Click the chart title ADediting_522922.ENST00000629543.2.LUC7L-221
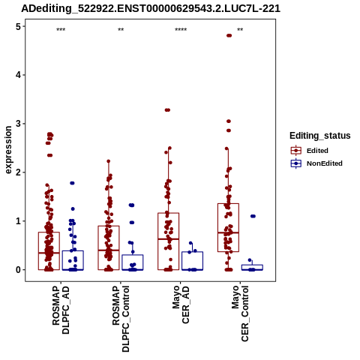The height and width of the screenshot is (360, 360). (x=151, y=9)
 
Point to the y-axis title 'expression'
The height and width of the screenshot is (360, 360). (x=8, y=150)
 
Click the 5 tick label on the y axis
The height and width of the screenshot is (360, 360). (x=19, y=26)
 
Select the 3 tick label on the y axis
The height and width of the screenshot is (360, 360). (x=19, y=124)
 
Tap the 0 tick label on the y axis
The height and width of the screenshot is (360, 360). (x=19, y=270)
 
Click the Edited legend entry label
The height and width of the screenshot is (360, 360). (x=317, y=151)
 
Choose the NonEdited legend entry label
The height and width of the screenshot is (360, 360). (x=325, y=163)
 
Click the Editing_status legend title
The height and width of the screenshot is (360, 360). (x=320, y=136)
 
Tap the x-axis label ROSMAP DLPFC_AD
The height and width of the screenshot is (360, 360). (x=61, y=310)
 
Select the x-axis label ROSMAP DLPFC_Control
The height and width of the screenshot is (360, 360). (x=121, y=319)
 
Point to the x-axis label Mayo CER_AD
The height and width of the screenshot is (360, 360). (x=181, y=304)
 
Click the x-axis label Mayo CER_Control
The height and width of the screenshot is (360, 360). (x=240, y=313)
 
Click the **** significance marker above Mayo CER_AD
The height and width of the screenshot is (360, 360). (x=181, y=30)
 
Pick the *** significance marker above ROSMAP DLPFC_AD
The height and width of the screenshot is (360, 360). (x=61, y=30)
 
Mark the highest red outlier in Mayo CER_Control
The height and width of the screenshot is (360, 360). (x=229, y=35)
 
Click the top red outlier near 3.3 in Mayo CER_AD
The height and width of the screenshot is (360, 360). (x=167, y=110)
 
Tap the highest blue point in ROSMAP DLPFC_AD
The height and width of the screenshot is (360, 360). (x=72, y=183)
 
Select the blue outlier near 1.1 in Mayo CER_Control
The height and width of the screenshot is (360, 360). (x=253, y=216)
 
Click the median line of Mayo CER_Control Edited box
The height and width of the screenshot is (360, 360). (x=228, y=232)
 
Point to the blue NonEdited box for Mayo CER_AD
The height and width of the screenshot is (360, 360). (x=192, y=261)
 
